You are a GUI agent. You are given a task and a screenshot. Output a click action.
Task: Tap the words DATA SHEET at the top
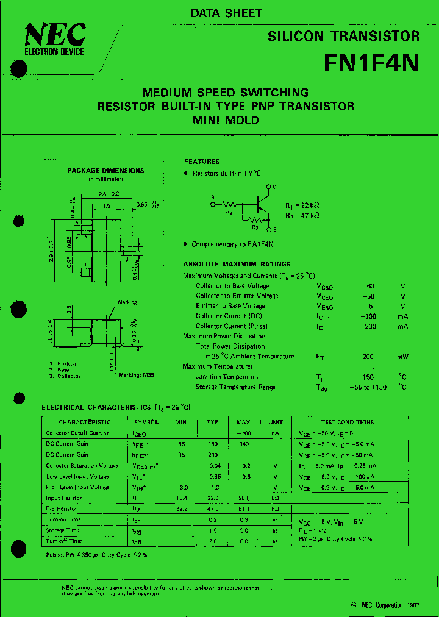coord(226,13)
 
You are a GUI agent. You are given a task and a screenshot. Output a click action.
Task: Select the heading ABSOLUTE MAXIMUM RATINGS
coord(237,264)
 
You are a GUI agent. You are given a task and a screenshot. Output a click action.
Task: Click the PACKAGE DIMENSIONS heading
coord(105,171)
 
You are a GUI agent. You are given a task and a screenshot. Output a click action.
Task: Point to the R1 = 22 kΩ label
coord(302,205)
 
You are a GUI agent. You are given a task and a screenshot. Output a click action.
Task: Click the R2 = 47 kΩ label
coord(302,215)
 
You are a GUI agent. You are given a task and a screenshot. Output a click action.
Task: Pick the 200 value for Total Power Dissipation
coord(368,357)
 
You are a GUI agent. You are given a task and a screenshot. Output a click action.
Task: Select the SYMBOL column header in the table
coord(146,422)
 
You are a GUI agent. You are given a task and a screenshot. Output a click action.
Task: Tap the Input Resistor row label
coord(64,498)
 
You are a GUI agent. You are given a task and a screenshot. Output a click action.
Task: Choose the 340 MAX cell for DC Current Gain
coord(244,444)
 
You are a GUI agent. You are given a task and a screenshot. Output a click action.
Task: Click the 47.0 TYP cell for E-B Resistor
coord(212,508)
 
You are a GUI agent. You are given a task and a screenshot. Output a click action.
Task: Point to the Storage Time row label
coord(63,530)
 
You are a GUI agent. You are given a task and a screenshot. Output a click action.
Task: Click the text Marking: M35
coord(136,374)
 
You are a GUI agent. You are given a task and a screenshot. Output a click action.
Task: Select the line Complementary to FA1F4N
coord(232,244)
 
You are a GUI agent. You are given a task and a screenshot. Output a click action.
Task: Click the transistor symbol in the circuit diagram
coord(262,204)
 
